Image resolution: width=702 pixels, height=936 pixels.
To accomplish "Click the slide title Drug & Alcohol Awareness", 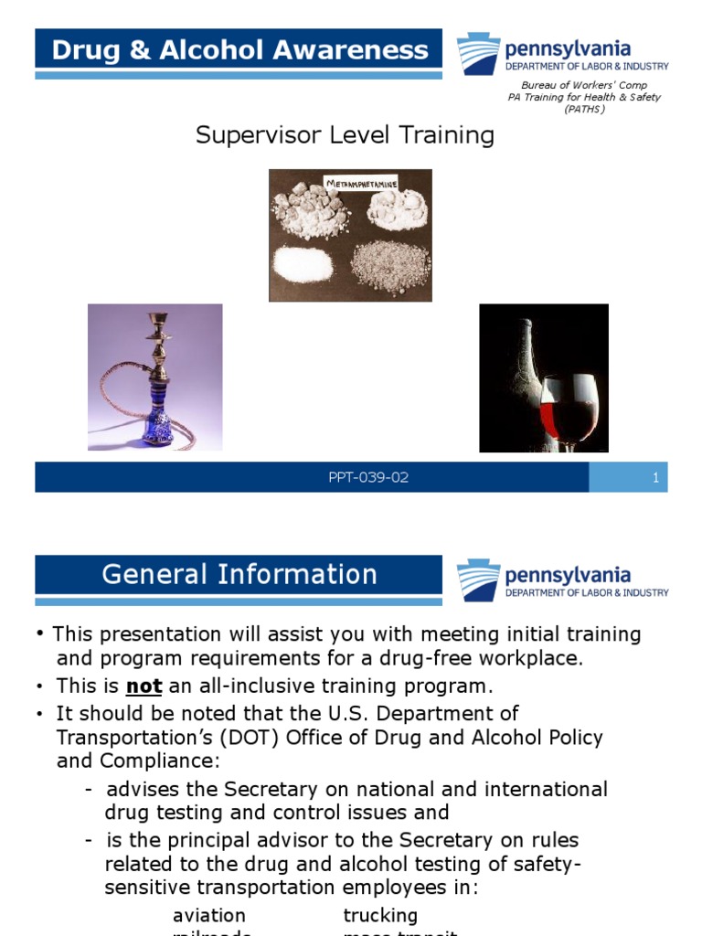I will click(239, 49).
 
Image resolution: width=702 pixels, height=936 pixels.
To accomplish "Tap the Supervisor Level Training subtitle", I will click(346, 135).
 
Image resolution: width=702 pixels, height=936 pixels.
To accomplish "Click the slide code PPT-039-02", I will click(368, 478).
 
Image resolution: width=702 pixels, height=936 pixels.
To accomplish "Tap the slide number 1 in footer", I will click(655, 478).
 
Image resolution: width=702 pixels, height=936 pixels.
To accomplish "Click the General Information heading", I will click(239, 574).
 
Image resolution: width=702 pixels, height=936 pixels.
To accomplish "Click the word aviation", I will click(209, 915).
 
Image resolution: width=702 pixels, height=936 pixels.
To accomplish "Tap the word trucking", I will click(380, 915).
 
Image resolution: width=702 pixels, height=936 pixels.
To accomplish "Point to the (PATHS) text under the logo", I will click(584, 109).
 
